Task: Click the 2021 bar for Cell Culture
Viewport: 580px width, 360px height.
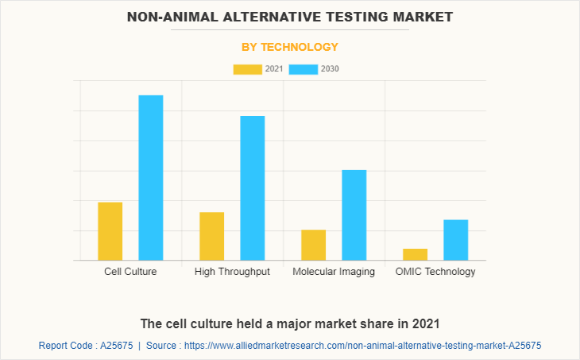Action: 110,231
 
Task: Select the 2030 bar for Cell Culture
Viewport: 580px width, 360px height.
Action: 151,177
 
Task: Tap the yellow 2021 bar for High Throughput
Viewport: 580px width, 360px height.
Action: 211,236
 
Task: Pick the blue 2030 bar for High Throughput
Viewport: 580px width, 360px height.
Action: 253,188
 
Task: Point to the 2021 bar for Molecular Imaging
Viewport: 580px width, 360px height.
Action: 314,245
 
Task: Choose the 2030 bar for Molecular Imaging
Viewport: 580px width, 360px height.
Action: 354,215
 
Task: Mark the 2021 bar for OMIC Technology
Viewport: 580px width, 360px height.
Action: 415,254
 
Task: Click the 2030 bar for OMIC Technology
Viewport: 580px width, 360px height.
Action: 455,239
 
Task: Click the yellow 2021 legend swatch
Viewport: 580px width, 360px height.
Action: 247,69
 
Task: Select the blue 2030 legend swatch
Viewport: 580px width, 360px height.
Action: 304,69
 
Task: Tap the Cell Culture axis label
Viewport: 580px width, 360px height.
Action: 130,272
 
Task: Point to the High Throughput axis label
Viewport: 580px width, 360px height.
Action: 232,272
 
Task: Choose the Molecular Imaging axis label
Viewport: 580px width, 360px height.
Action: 334,272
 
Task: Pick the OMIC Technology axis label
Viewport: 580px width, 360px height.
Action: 435,272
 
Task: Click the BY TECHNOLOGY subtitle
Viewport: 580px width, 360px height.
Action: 290,47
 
